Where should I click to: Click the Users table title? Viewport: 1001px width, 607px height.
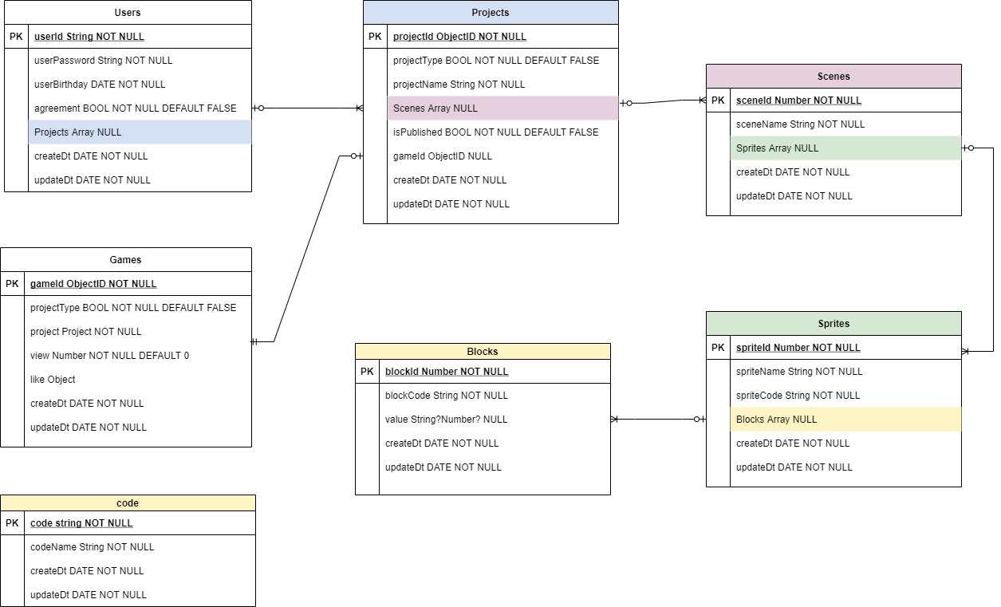coord(128,12)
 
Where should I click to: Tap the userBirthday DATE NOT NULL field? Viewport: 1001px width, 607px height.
coord(100,84)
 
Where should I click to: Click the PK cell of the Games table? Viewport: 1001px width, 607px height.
coord(12,283)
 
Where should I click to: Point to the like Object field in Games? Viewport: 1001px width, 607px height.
coord(53,379)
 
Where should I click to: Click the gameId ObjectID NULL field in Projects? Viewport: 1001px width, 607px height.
coord(443,156)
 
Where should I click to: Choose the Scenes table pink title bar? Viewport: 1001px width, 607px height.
coord(834,76)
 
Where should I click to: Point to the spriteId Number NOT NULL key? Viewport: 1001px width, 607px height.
coord(798,347)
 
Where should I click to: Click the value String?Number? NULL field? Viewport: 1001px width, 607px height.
coord(446,419)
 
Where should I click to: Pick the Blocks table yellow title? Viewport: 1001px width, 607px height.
coord(483,351)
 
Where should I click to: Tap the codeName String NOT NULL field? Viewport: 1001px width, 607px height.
coord(92,546)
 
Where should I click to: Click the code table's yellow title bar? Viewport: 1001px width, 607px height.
coord(128,503)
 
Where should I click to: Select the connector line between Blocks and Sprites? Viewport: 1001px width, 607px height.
coord(654,419)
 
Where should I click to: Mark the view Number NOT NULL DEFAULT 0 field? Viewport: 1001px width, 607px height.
coord(109,355)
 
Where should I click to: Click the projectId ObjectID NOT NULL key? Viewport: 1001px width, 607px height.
coord(459,36)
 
